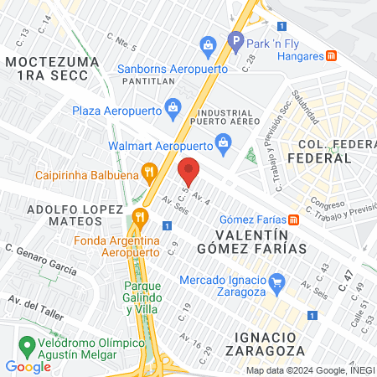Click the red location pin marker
(x=189, y=170)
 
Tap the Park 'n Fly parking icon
(x=235, y=39)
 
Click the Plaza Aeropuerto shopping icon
(x=173, y=106)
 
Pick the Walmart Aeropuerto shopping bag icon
(x=223, y=143)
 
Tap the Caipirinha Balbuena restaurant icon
(x=150, y=173)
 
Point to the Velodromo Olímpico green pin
(x=27, y=344)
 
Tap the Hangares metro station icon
(x=332, y=56)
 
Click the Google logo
(x=28, y=366)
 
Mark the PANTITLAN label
(x=147, y=83)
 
